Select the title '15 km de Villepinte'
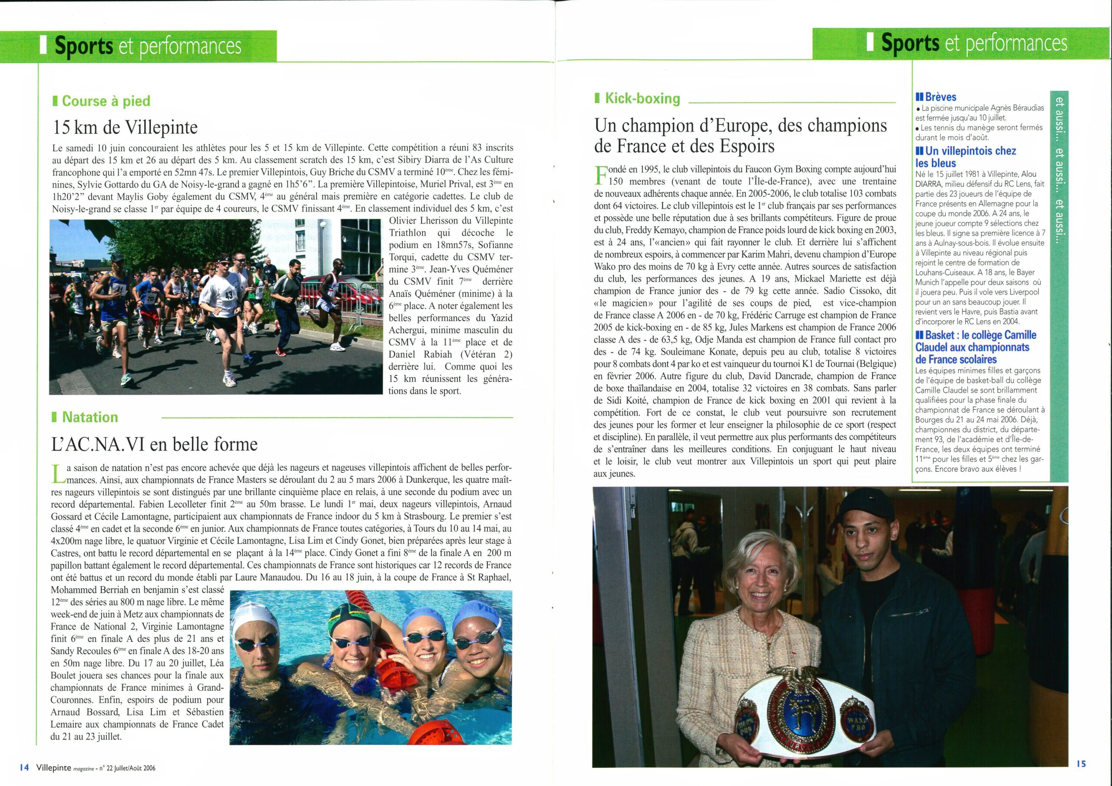coord(125,127)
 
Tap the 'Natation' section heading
coord(89,417)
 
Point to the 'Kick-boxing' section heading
coord(642,99)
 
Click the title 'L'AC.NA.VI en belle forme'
coord(155,444)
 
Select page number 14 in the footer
coord(25,767)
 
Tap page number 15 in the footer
coord(1081,764)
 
